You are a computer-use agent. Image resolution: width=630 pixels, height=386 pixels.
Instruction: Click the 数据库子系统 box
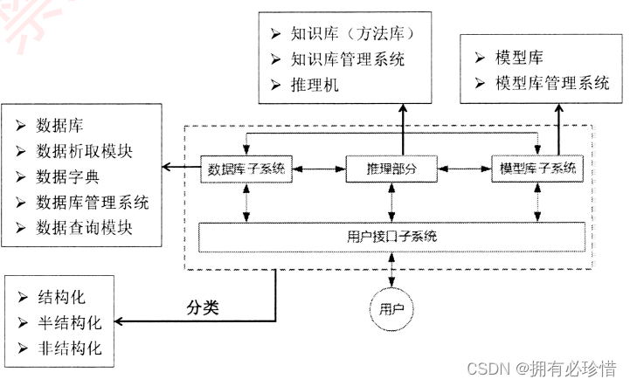[246, 168]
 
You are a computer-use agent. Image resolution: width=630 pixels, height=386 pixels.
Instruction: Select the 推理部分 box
[391, 168]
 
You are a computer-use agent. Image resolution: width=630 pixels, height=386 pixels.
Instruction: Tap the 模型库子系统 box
[535, 168]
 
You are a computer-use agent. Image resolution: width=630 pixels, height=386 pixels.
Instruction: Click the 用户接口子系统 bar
[392, 236]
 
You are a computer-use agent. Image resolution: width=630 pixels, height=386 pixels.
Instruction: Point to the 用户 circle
[392, 309]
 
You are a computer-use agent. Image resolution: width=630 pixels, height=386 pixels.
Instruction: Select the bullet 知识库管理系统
[349, 60]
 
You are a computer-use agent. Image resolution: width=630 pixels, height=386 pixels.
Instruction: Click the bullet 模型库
[518, 58]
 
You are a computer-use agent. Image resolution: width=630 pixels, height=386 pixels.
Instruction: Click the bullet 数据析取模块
[85, 151]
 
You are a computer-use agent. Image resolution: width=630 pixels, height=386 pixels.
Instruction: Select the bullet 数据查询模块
[85, 228]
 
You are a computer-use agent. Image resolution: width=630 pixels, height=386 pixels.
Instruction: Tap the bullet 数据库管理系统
[93, 203]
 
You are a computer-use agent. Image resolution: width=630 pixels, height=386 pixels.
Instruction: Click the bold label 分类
[202, 308]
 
